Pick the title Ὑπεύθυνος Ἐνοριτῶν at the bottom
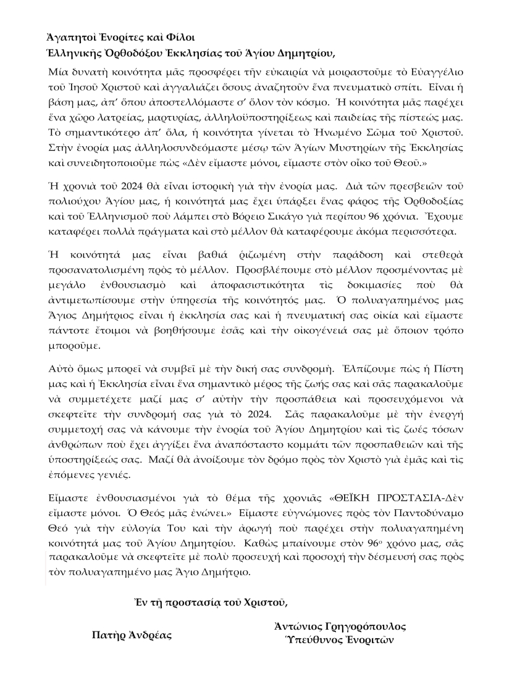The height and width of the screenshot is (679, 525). tap(337, 640)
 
